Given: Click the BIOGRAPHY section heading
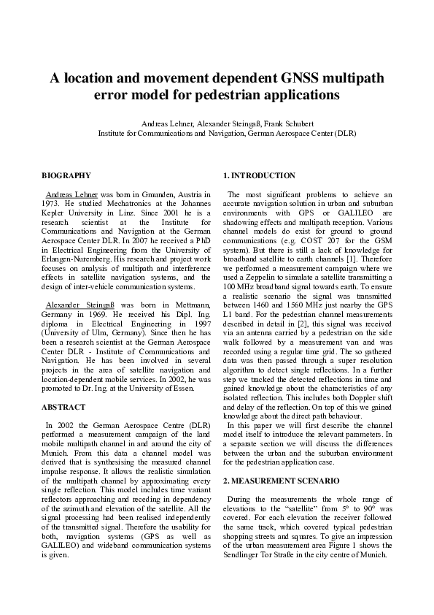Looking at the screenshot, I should point(66,175).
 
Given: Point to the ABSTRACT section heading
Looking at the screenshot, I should point(63,406).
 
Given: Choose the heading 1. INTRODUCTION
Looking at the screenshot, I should point(260,175).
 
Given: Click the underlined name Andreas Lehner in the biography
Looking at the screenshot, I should point(71,194).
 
